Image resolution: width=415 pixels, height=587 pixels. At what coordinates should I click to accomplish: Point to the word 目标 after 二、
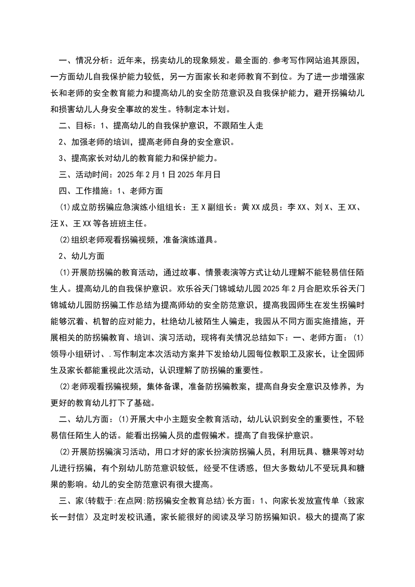(84, 126)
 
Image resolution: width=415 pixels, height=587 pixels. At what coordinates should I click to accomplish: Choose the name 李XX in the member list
(297, 207)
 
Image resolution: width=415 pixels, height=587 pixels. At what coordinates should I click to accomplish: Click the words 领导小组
(67, 354)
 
